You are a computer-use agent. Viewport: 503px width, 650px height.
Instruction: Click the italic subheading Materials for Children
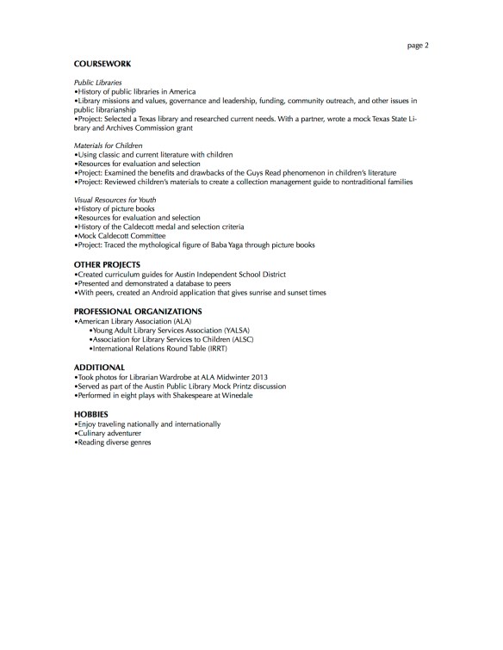click(x=108, y=145)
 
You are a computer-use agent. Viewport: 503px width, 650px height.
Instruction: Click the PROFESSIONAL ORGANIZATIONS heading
click(x=138, y=310)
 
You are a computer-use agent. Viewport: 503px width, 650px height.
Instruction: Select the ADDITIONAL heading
click(x=99, y=367)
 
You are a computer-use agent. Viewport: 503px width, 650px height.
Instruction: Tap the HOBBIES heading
click(x=90, y=414)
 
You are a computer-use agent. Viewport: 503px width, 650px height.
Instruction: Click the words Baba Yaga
click(x=226, y=245)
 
